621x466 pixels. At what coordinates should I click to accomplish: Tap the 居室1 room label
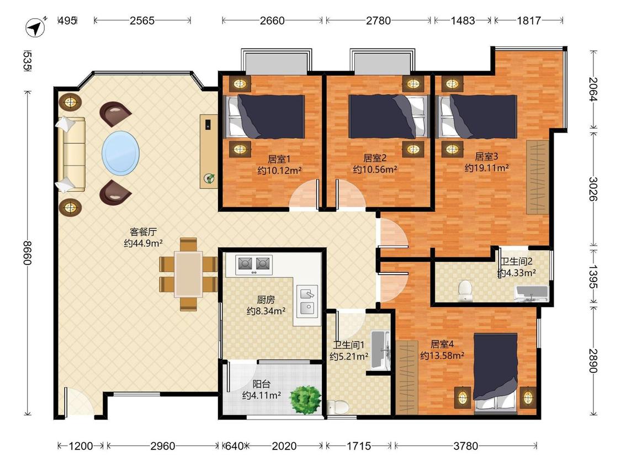(x=279, y=160)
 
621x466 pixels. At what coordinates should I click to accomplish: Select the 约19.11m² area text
(x=487, y=168)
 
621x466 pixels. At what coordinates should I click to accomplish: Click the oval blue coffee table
(x=120, y=153)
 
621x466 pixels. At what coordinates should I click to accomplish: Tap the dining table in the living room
(x=189, y=274)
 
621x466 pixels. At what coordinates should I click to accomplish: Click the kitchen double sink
(x=307, y=300)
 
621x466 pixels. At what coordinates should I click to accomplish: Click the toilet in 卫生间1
(x=337, y=407)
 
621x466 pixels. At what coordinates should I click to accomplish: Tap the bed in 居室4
(x=496, y=373)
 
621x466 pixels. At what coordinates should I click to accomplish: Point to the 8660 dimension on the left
(x=27, y=253)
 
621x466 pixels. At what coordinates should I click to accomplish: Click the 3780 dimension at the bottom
(x=465, y=446)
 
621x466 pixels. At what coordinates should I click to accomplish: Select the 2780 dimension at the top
(x=378, y=20)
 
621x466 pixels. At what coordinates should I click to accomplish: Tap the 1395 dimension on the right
(x=592, y=276)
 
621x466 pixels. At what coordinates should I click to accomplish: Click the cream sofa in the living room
(x=72, y=154)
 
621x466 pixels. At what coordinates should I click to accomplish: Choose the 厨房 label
(x=266, y=300)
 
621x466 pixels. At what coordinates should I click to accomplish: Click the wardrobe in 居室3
(x=538, y=177)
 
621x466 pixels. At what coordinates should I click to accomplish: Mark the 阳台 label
(x=262, y=384)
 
